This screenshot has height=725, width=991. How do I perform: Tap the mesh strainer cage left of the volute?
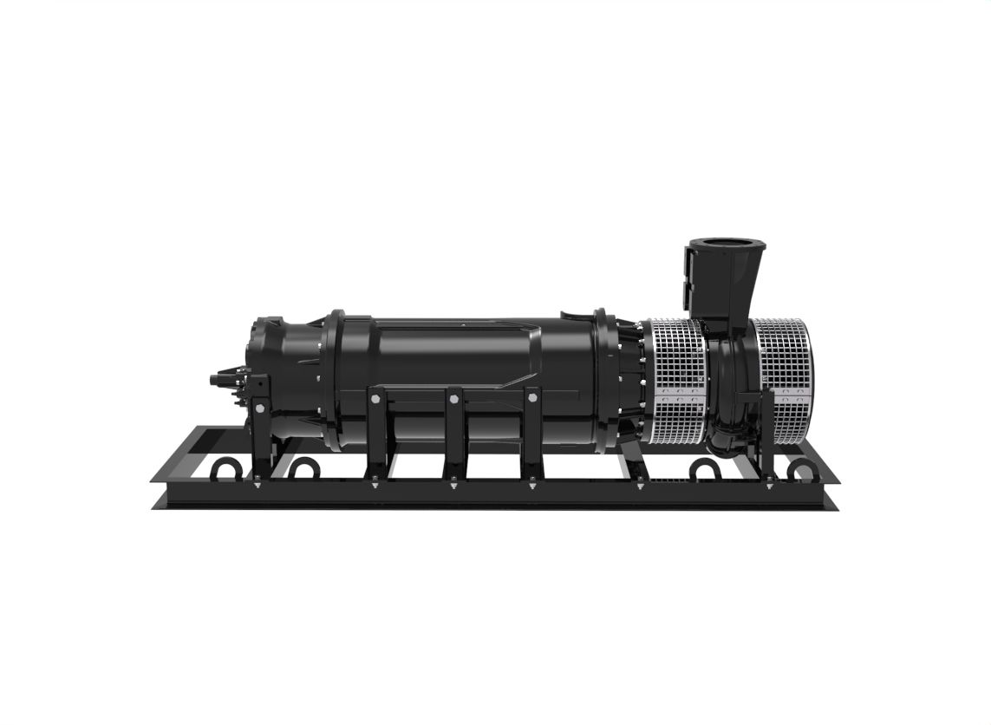pyautogui.click(x=675, y=356)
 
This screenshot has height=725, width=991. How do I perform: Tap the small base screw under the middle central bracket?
pyautogui.click(x=453, y=486)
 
